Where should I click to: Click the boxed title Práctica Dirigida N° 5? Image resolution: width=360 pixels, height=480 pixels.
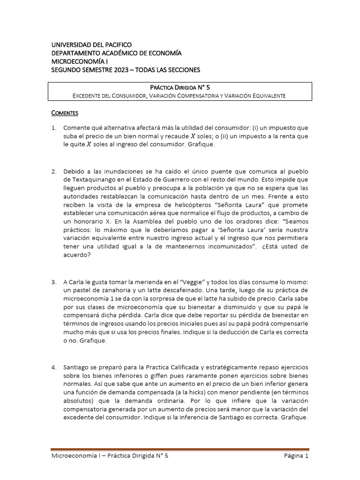tap(180, 87)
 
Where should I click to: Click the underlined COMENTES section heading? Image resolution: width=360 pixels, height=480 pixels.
tap(65, 113)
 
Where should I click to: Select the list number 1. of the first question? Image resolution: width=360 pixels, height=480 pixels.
tap(54, 127)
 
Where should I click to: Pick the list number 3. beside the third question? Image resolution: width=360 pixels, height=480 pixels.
tap(54, 282)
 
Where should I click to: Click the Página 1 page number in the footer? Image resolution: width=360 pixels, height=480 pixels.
tap(296, 455)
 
